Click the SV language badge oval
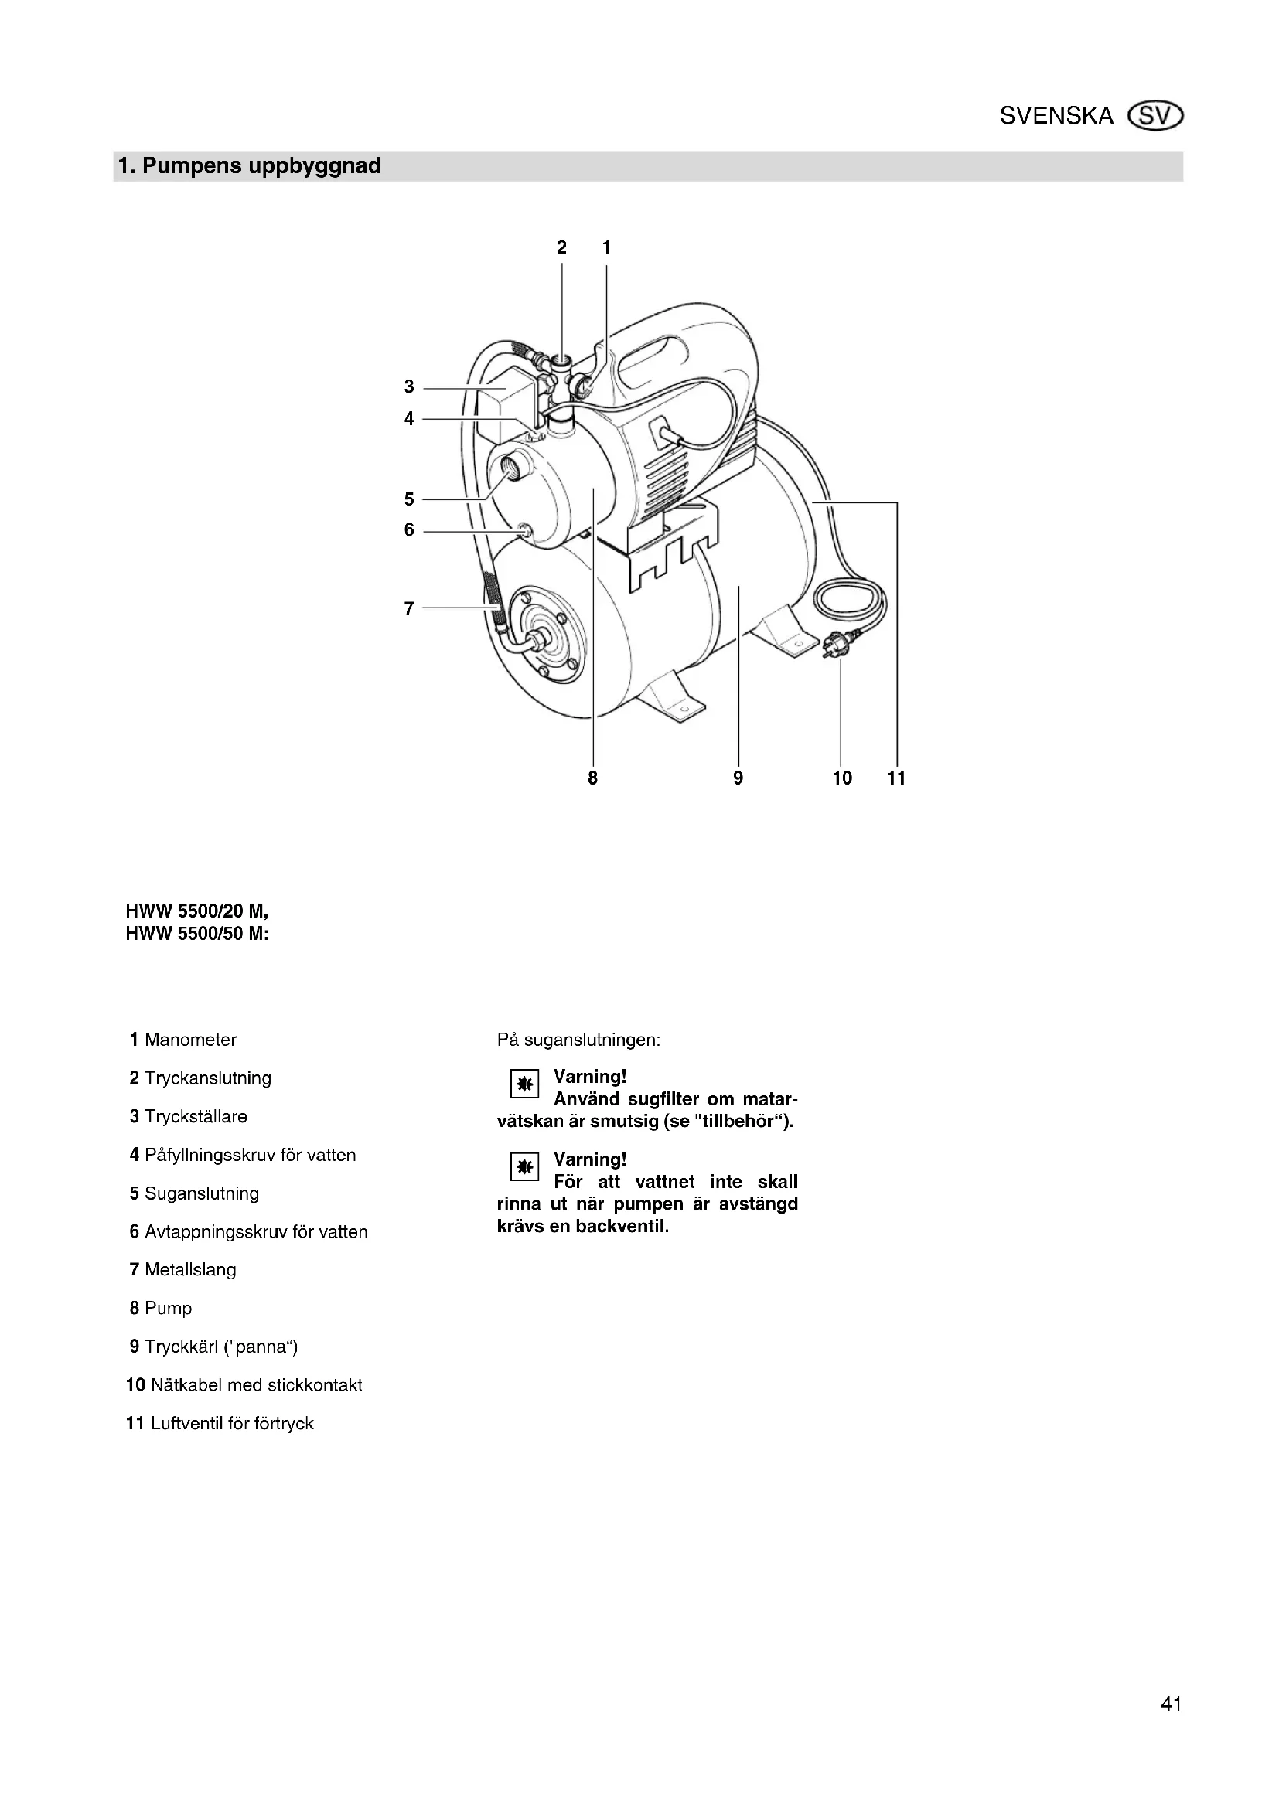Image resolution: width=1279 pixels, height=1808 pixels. click(1155, 117)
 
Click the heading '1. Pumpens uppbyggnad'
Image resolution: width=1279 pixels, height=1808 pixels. click(249, 166)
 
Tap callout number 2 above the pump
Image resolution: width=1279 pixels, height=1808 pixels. click(561, 247)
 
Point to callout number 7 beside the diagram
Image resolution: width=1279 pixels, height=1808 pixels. click(409, 608)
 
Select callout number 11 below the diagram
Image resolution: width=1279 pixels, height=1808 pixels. click(896, 778)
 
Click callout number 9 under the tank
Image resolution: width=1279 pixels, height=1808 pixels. click(738, 778)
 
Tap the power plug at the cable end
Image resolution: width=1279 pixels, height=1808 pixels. click(832, 647)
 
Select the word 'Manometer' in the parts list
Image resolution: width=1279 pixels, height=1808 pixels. click(190, 1040)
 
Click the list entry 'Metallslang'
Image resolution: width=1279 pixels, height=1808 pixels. click(190, 1269)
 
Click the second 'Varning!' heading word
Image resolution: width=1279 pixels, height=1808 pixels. click(590, 1159)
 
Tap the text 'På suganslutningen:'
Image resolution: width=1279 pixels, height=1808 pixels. click(579, 1040)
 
